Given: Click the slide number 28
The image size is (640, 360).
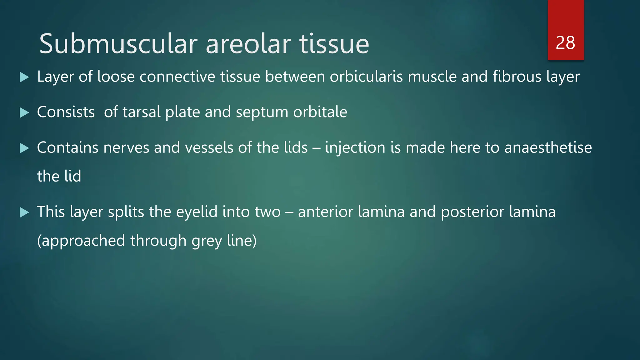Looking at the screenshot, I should [565, 43].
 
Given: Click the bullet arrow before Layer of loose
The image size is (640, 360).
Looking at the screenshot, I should [24, 77].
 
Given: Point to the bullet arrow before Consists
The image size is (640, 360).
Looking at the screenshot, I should [24, 112].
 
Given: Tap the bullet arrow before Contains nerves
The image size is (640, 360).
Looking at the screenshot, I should [24, 148].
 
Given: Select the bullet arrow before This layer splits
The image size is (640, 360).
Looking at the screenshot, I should [24, 212].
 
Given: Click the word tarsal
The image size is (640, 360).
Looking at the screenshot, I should [142, 112].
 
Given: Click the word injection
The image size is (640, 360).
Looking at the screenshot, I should [355, 148].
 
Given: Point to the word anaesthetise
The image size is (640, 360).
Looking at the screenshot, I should [548, 147].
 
